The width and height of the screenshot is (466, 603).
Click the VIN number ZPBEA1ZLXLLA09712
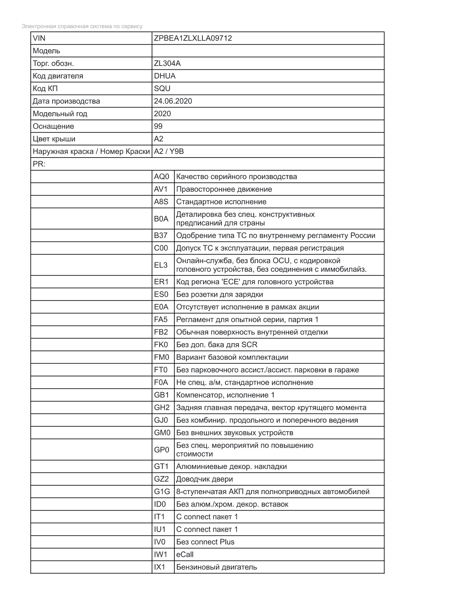(193, 38)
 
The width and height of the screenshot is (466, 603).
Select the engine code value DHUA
(165, 76)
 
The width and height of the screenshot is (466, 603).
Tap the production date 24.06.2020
(173, 101)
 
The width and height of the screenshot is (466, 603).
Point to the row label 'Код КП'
(45, 88)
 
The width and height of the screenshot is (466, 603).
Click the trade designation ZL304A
(167, 63)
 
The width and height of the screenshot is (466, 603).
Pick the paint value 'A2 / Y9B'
(169, 151)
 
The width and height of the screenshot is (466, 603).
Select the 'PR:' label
(39, 164)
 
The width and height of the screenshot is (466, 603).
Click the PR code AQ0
(162, 177)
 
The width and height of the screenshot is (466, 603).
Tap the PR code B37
(161, 236)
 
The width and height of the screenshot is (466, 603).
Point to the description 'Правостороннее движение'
(224, 189)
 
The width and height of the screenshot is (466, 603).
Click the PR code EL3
(161, 265)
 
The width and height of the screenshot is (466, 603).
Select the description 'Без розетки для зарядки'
(220, 295)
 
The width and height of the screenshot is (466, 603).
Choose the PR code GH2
(162, 408)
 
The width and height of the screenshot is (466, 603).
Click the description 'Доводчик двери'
(205, 479)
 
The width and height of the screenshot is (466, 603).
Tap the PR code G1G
(162, 492)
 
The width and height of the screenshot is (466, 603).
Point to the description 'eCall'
(185, 555)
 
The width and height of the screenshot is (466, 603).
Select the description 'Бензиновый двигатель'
(217, 567)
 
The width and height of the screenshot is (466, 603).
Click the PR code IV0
(160, 542)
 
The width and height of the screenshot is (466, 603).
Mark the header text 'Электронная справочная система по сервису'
(82, 26)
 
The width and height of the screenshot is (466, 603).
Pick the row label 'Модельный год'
(60, 114)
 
